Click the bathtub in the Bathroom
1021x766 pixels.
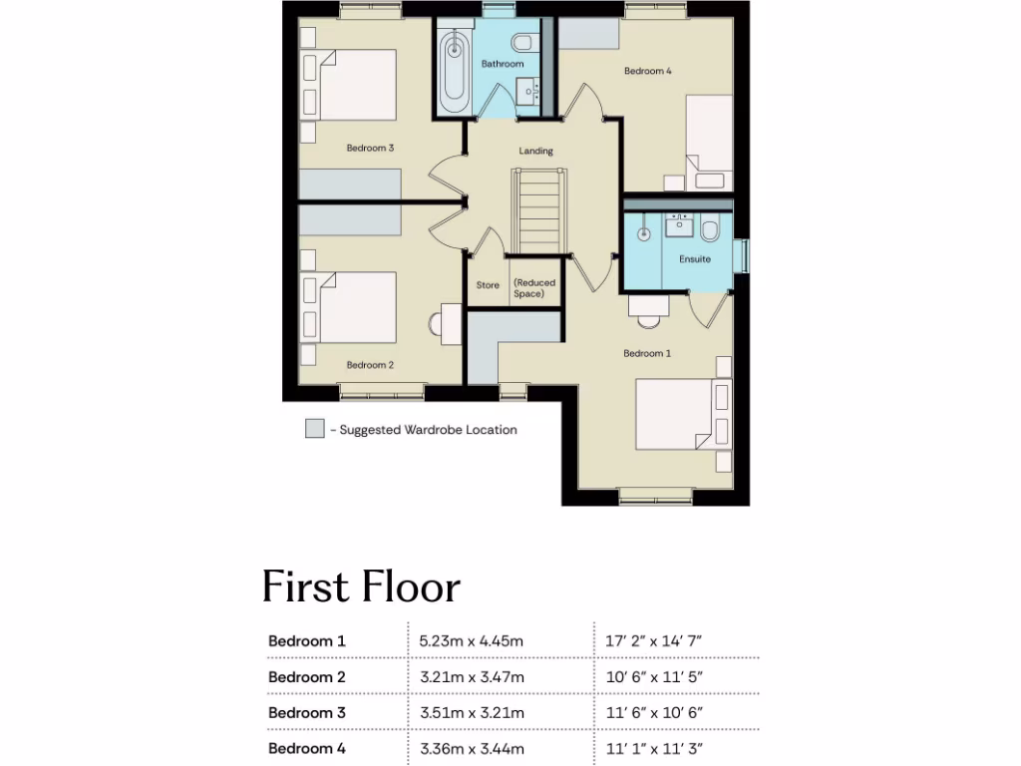coord(454,71)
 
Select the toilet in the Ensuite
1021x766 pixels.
coord(710,231)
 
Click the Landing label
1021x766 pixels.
coord(535,152)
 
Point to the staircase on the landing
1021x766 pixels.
coord(538,211)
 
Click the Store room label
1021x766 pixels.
coord(488,285)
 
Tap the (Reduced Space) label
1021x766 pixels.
coord(534,288)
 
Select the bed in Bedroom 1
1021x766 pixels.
coord(678,413)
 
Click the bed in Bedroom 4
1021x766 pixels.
coord(709,140)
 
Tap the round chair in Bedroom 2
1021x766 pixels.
coord(436,324)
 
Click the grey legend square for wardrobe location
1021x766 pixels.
coord(314,430)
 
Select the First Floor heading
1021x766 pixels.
coord(361,587)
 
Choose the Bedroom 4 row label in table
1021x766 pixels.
coord(307,748)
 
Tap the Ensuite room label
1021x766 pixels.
coord(695,259)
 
